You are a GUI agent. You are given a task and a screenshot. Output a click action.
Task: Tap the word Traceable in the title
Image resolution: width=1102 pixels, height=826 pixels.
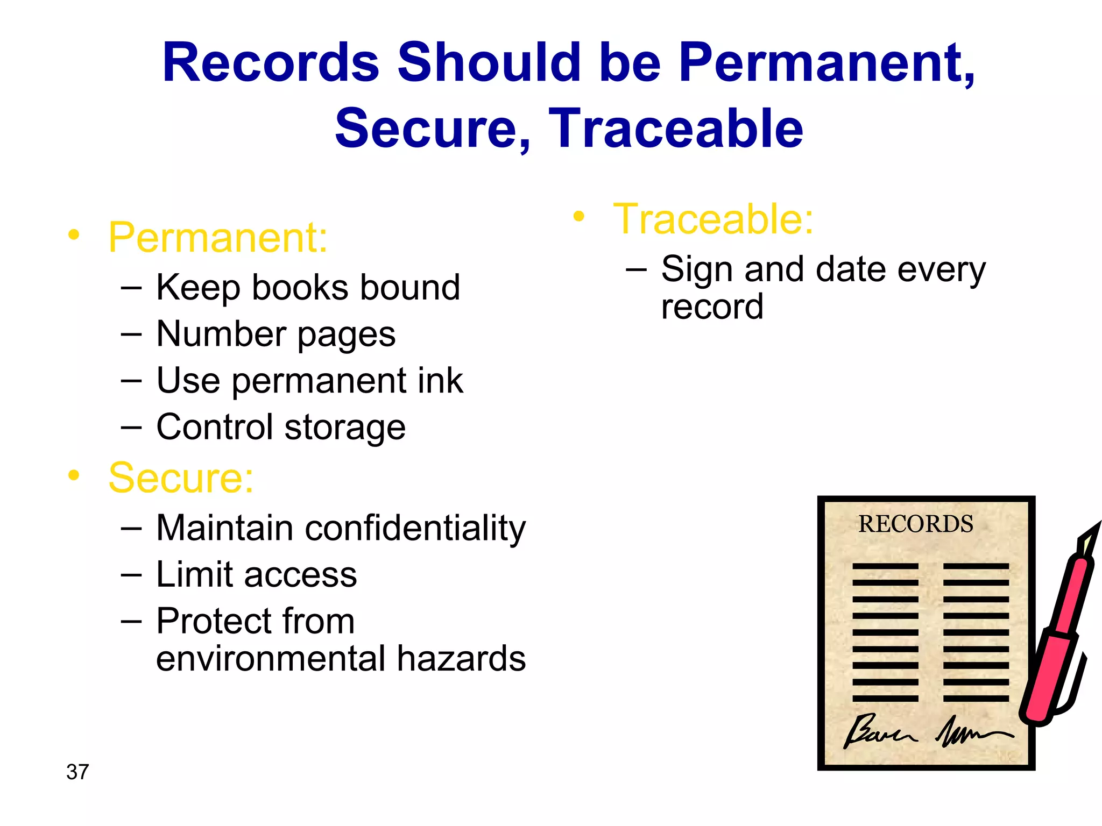pos(676,129)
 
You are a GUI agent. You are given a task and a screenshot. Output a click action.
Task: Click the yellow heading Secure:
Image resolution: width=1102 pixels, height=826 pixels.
pos(181,478)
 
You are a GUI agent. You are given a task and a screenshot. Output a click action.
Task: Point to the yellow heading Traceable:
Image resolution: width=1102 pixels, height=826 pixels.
pos(713,219)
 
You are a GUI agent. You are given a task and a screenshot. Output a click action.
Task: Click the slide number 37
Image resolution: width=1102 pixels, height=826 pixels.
pos(77,772)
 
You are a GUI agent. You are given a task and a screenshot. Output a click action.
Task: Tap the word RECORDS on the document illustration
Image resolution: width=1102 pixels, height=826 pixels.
pos(915,524)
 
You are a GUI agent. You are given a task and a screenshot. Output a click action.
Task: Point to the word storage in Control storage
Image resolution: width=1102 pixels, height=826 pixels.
pos(345,428)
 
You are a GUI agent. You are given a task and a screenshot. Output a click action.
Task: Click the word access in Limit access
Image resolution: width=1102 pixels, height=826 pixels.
pos(300,575)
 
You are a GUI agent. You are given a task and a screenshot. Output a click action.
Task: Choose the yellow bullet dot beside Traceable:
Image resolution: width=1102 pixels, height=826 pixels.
pos(578,217)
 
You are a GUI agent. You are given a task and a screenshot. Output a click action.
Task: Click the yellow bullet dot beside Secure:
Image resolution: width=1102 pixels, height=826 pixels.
pos(74,475)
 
